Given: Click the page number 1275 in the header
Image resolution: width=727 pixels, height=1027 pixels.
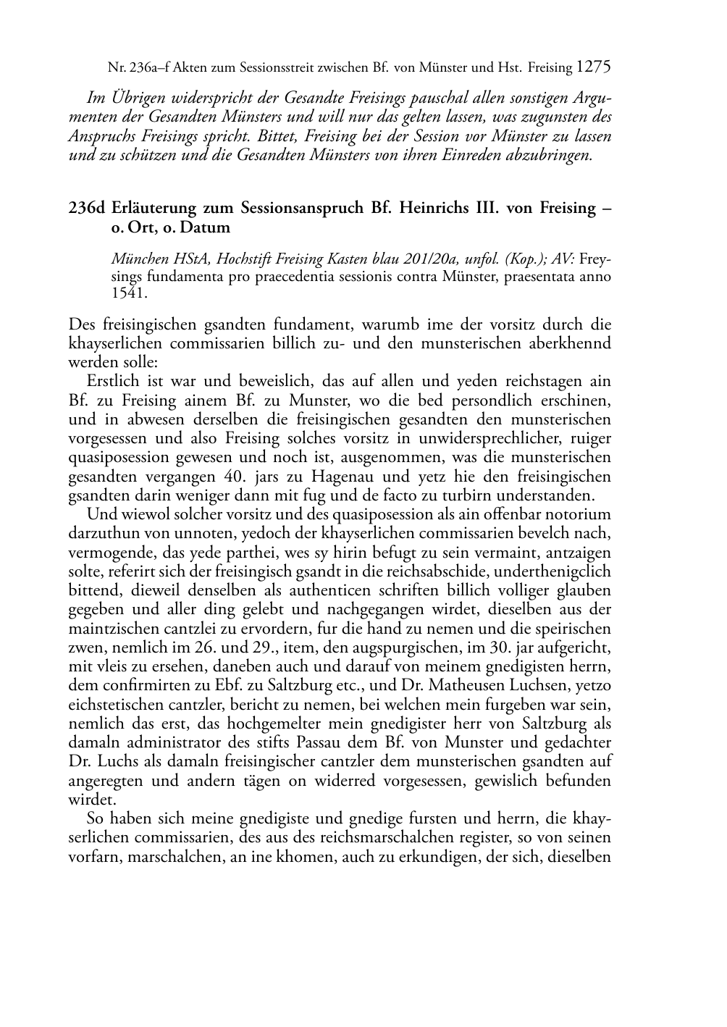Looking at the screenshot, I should [x=594, y=67].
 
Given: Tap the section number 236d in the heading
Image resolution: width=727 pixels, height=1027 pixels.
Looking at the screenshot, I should [x=85, y=209].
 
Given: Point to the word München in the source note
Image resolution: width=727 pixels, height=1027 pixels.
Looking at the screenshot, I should [x=137, y=259].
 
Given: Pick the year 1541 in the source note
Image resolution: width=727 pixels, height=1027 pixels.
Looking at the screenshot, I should [x=128, y=293].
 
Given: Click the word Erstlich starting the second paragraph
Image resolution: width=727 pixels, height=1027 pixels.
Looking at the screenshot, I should [x=110, y=381].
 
